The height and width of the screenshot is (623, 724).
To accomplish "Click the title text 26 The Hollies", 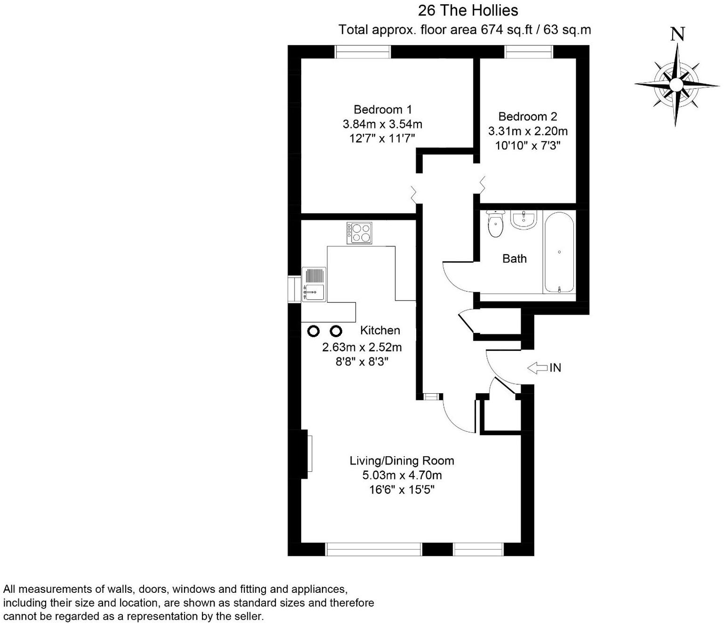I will pos(468,10).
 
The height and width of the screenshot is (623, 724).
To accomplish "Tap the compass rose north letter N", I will pos(677,34).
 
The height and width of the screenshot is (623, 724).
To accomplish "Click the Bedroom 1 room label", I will pos(382,109).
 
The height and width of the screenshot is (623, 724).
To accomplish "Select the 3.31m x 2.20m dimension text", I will pos(528,131).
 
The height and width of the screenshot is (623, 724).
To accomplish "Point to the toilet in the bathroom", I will pos(495,225).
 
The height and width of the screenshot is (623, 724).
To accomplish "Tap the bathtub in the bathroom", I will pos(559,252).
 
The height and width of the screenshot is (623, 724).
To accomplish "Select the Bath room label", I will pos(514,259).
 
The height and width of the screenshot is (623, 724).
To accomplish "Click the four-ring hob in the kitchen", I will pos(360,233).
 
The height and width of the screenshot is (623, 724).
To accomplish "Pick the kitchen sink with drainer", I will pos(314,284).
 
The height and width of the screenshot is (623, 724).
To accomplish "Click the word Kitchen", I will pos(380,330).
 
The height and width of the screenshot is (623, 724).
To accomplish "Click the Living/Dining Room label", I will pos(402,461).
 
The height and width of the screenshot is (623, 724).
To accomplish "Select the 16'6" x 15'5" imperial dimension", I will pos(402,490).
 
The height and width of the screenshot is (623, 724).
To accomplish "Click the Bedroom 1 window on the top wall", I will pos(362,51).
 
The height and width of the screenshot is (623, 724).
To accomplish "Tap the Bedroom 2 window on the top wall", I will pos(529,51).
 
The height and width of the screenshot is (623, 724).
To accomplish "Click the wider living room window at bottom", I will pos(374,549).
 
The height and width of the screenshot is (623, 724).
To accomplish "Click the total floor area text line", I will pos(465,30).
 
